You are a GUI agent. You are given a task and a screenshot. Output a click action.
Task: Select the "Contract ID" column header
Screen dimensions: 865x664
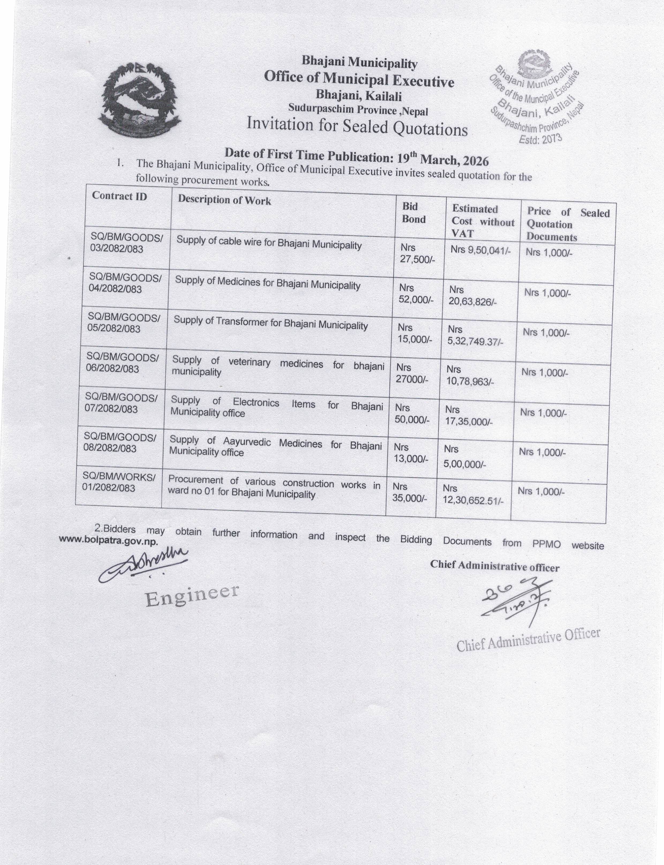point(119,196)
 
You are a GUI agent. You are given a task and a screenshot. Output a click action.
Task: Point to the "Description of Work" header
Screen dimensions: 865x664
point(224,200)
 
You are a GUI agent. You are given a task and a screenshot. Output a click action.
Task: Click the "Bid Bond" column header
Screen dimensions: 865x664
point(413,213)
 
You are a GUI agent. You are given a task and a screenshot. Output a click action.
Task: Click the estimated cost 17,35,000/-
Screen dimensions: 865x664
point(469,421)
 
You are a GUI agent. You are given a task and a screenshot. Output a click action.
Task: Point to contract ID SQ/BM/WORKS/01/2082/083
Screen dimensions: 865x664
point(119,482)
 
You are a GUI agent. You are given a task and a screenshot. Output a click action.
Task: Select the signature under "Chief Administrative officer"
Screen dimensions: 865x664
point(516,599)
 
